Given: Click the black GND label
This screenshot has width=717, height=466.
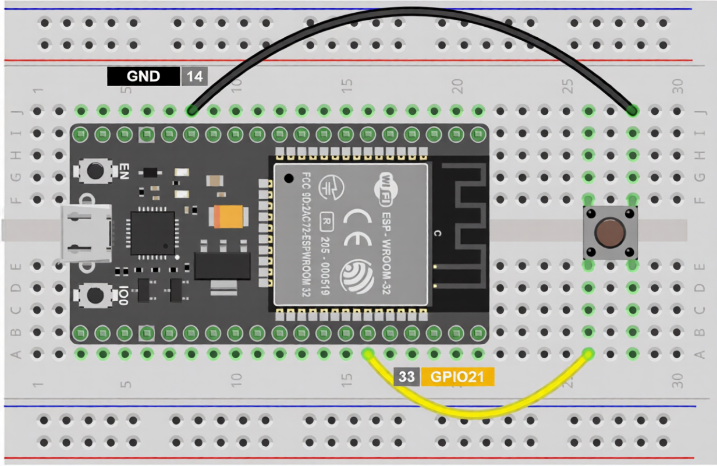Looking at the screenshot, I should [143, 77].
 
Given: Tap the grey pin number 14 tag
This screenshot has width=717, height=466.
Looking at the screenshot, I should [194, 77].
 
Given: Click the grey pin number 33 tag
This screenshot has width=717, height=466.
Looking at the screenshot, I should [407, 377].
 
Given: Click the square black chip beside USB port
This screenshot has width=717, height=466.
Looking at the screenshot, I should [152, 233].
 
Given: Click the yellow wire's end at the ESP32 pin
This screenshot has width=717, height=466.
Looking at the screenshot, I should [368, 354].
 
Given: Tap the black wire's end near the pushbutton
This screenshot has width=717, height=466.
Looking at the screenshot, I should [632, 110].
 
